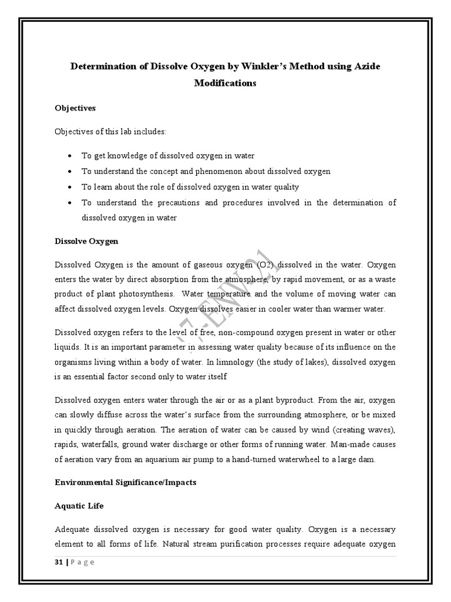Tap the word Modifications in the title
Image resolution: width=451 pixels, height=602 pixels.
pos(225,83)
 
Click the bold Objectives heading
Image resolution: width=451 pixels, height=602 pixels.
pos(75,108)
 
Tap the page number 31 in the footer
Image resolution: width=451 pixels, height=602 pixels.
pos(59,561)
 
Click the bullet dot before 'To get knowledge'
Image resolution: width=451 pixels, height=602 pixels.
pos(70,156)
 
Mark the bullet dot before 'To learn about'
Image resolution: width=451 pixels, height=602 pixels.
pos(70,187)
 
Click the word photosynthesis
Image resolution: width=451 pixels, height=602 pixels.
pos(143,293)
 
